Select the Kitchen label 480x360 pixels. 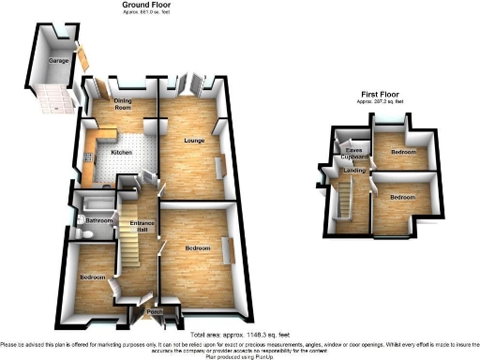click(x=123, y=151)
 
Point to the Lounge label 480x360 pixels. click(x=194, y=140)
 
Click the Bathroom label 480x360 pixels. click(x=98, y=221)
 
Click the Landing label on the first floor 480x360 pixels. click(x=354, y=170)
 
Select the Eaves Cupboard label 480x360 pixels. click(x=353, y=152)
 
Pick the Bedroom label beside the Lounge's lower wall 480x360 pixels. click(x=197, y=247)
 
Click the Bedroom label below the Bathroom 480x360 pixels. click(x=92, y=277)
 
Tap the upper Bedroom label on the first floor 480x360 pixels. click(x=403, y=151)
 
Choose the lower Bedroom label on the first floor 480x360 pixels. click(x=402, y=197)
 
